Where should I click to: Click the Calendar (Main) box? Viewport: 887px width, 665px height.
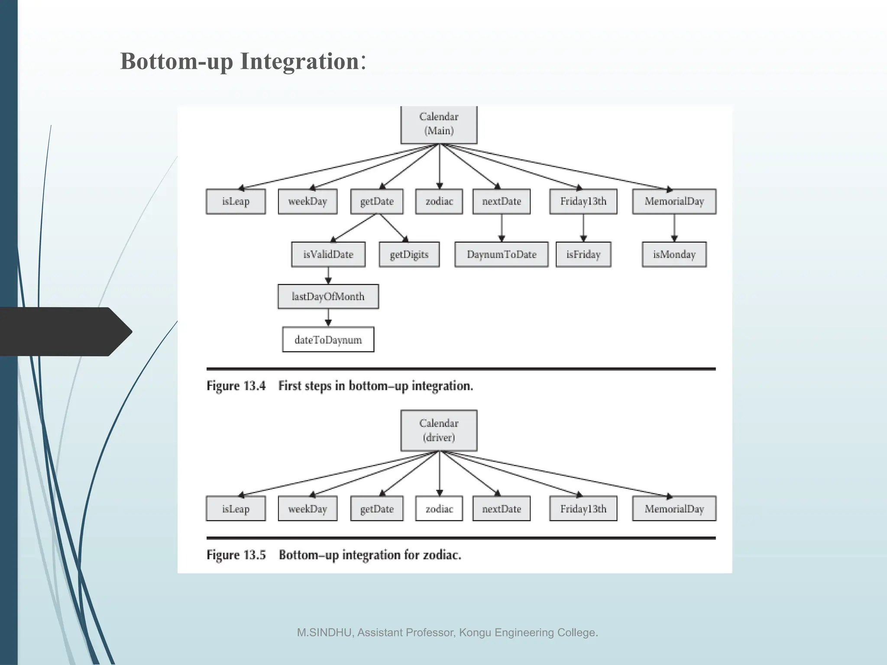pyautogui.click(x=439, y=124)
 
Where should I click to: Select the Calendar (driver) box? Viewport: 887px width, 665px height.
pyautogui.click(x=439, y=430)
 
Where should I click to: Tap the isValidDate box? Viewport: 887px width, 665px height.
pyautogui.click(x=328, y=255)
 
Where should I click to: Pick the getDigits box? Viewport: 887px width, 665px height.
pyautogui.click(x=409, y=255)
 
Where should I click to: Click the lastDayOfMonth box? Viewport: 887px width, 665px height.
pyautogui.click(x=328, y=297)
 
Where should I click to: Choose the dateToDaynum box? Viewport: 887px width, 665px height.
pyautogui.click(x=328, y=340)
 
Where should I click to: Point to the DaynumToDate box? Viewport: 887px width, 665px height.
pyautogui.click(x=501, y=255)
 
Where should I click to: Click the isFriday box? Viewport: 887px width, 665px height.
pyautogui.click(x=583, y=255)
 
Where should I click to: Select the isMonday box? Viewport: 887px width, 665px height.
pyautogui.click(x=674, y=255)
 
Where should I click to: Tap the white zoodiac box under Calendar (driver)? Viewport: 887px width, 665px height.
pyautogui.click(x=439, y=509)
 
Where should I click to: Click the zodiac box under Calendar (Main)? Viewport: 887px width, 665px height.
pyautogui.click(x=439, y=201)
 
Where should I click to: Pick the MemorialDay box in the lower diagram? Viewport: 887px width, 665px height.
pyautogui.click(x=674, y=509)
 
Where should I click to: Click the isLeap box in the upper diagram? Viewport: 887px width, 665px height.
pyautogui.click(x=236, y=201)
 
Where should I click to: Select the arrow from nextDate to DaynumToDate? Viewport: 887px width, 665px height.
pyautogui.click(x=502, y=228)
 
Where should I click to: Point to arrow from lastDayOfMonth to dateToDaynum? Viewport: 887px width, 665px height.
pyautogui.click(x=328, y=317)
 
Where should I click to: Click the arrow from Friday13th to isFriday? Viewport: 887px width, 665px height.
pyautogui.click(x=583, y=228)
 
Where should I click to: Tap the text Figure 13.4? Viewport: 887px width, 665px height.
pyautogui.click(x=236, y=386)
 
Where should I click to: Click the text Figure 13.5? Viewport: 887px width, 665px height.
pyautogui.click(x=236, y=555)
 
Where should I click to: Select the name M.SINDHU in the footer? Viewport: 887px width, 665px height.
pyautogui.click(x=324, y=633)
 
